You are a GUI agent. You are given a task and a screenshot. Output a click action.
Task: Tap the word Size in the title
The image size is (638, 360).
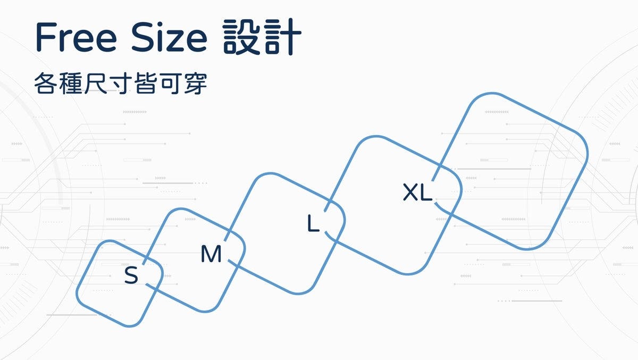(169, 37)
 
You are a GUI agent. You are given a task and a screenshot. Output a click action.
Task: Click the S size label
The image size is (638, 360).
(131, 276)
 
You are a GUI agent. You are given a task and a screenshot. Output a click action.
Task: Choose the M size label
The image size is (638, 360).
(211, 255)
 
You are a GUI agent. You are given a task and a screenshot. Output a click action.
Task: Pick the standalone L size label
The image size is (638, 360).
(313, 224)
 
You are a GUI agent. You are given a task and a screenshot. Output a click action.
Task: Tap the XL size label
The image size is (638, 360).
(417, 192)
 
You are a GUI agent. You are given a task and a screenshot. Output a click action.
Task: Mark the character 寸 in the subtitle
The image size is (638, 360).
(120, 84)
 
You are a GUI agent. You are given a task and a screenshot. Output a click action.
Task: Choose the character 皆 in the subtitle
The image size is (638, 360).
(145, 84)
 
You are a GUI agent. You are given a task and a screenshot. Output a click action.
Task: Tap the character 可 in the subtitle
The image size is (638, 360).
(170, 84)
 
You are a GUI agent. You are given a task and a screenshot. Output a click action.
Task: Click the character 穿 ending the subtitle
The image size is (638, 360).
(195, 84)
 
